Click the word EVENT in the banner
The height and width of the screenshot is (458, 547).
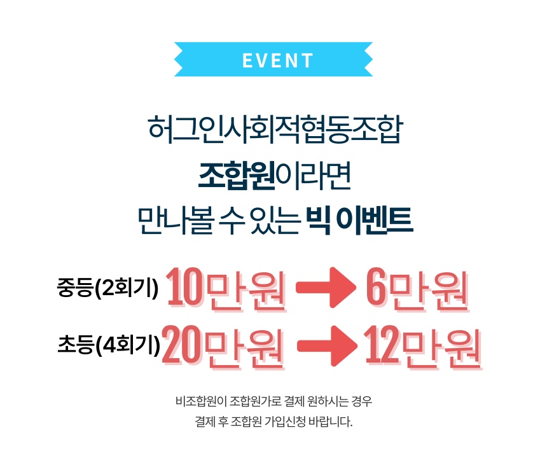[x=278, y=60]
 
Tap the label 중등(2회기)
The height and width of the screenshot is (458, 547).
[x=107, y=289]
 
